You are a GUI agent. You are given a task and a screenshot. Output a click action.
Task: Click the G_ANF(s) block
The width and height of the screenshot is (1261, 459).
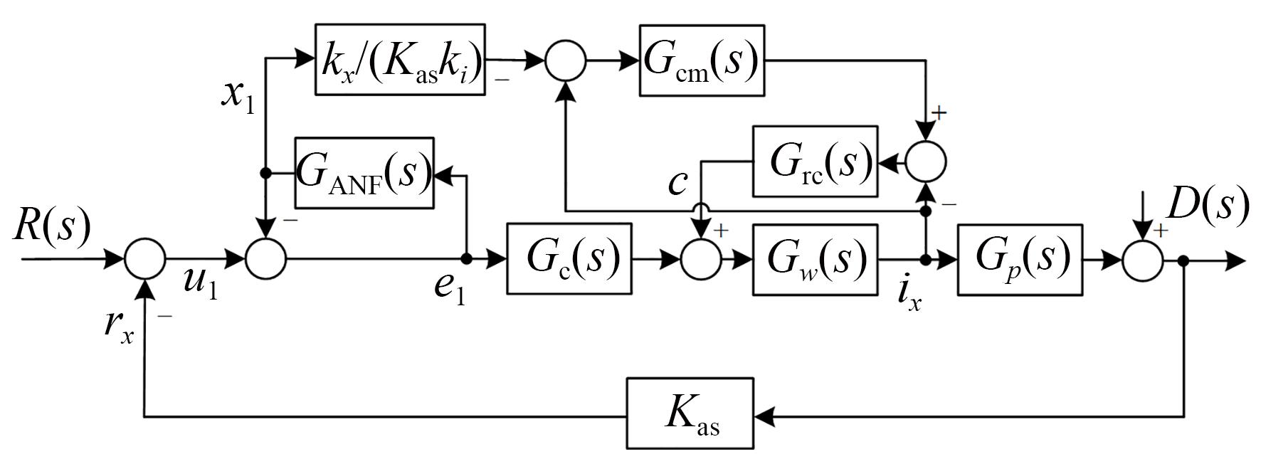[x=364, y=173]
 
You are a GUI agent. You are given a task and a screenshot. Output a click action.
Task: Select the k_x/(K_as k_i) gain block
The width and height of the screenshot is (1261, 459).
[x=400, y=60]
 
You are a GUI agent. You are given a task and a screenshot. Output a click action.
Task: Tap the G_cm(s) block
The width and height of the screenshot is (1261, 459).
[x=702, y=60]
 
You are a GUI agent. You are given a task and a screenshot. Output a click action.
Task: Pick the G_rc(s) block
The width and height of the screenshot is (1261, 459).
[x=815, y=162]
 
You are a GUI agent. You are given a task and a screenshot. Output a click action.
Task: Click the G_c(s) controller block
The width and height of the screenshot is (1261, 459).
[x=569, y=258]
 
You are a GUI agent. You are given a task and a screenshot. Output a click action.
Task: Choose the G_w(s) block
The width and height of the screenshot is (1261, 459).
[x=815, y=258]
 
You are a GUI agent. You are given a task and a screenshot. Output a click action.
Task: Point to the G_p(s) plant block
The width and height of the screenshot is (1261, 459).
[x=1020, y=258]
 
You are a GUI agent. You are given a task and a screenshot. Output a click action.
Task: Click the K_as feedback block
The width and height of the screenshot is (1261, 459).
[x=690, y=413]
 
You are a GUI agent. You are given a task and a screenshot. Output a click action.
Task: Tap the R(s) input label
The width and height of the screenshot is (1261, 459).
[x=52, y=227]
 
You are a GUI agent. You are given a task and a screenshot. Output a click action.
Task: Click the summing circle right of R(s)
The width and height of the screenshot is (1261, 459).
[x=145, y=259]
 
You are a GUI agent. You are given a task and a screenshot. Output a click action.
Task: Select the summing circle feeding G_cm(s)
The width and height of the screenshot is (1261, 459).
[x=566, y=60]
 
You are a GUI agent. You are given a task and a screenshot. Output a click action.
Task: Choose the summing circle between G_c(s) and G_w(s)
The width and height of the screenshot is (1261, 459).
[x=701, y=259]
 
